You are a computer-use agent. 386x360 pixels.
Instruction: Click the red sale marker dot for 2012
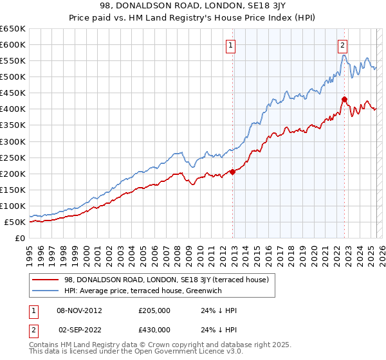pyautogui.click(x=232, y=171)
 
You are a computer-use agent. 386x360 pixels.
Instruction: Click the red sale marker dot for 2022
pyautogui.click(x=344, y=99)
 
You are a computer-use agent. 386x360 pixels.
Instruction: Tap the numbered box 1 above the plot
pyautogui.click(x=230, y=45)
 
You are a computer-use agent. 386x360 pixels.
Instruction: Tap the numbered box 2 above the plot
pyautogui.click(x=342, y=45)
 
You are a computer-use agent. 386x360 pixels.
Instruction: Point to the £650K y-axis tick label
pyautogui.click(x=13, y=29)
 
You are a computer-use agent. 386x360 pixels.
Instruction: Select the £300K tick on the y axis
pyautogui.click(x=13, y=141)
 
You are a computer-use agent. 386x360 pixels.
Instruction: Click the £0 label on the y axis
pyautogui.click(x=20, y=239)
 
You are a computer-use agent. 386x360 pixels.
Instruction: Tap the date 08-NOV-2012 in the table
pyautogui.click(x=80, y=310)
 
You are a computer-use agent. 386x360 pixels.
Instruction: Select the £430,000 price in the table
pyautogui.click(x=154, y=329)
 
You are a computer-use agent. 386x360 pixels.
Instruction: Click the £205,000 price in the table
pyautogui.click(x=154, y=310)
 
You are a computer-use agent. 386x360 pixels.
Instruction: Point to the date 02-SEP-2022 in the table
pyautogui.click(x=80, y=329)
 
